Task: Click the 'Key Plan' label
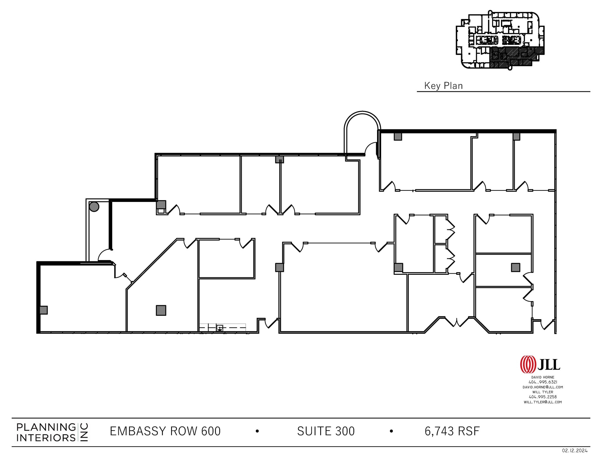pyautogui.click(x=443, y=86)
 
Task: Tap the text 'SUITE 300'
pyautogui.click(x=325, y=431)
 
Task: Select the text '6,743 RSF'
pyautogui.click(x=452, y=431)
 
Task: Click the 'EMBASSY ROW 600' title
pyautogui.click(x=165, y=431)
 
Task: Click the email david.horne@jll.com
pyautogui.click(x=543, y=387)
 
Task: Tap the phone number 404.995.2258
pyautogui.click(x=543, y=397)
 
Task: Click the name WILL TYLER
pyautogui.click(x=543, y=392)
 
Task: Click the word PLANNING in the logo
pyautogui.click(x=46, y=427)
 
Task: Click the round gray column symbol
pyautogui.click(x=94, y=207)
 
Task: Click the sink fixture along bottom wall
pyautogui.click(x=219, y=328)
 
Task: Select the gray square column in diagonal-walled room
pyautogui.click(x=161, y=310)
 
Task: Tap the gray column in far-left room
pyautogui.click(x=44, y=310)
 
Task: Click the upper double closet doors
pyautogui.click(x=450, y=229)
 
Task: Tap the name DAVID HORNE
pyautogui.click(x=543, y=377)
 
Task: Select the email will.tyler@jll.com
pyautogui.click(x=543, y=402)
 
